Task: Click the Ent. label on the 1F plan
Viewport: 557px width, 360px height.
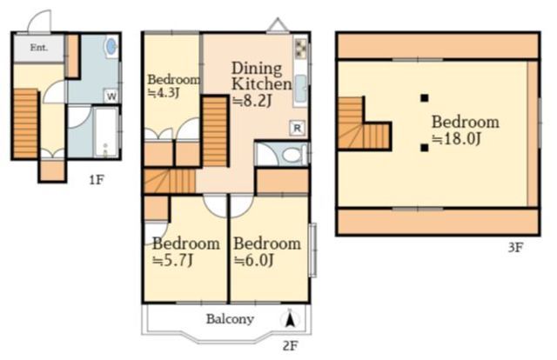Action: tap(38, 47)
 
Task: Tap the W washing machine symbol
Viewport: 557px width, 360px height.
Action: tap(111, 97)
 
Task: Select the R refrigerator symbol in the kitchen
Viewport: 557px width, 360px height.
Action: tap(298, 128)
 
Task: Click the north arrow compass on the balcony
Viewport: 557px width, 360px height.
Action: tap(290, 318)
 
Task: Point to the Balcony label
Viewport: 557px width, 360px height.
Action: tap(230, 319)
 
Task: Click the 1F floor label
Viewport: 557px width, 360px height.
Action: tap(97, 180)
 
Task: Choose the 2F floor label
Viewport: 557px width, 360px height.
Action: tap(290, 345)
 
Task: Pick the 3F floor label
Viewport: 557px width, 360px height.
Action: tap(515, 247)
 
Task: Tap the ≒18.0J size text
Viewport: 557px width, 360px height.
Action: tap(456, 139)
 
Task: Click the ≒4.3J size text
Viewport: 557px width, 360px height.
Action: tap(164, 93)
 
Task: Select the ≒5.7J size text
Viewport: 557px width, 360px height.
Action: tap(172, 261)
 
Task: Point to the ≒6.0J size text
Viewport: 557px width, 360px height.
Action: tap(253, 261)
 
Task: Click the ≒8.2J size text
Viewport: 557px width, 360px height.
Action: tap(252, 101)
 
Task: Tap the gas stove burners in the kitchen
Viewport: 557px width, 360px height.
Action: tap(301, 48)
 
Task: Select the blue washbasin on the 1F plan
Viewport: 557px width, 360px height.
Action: tap(111, 46)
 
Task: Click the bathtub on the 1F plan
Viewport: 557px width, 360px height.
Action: tap(106, 132)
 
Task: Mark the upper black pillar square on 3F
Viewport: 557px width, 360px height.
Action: tap(424, 98)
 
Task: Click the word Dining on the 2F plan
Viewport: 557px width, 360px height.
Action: tap(257, 68)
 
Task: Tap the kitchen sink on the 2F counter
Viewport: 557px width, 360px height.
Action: tap(301, 89)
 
